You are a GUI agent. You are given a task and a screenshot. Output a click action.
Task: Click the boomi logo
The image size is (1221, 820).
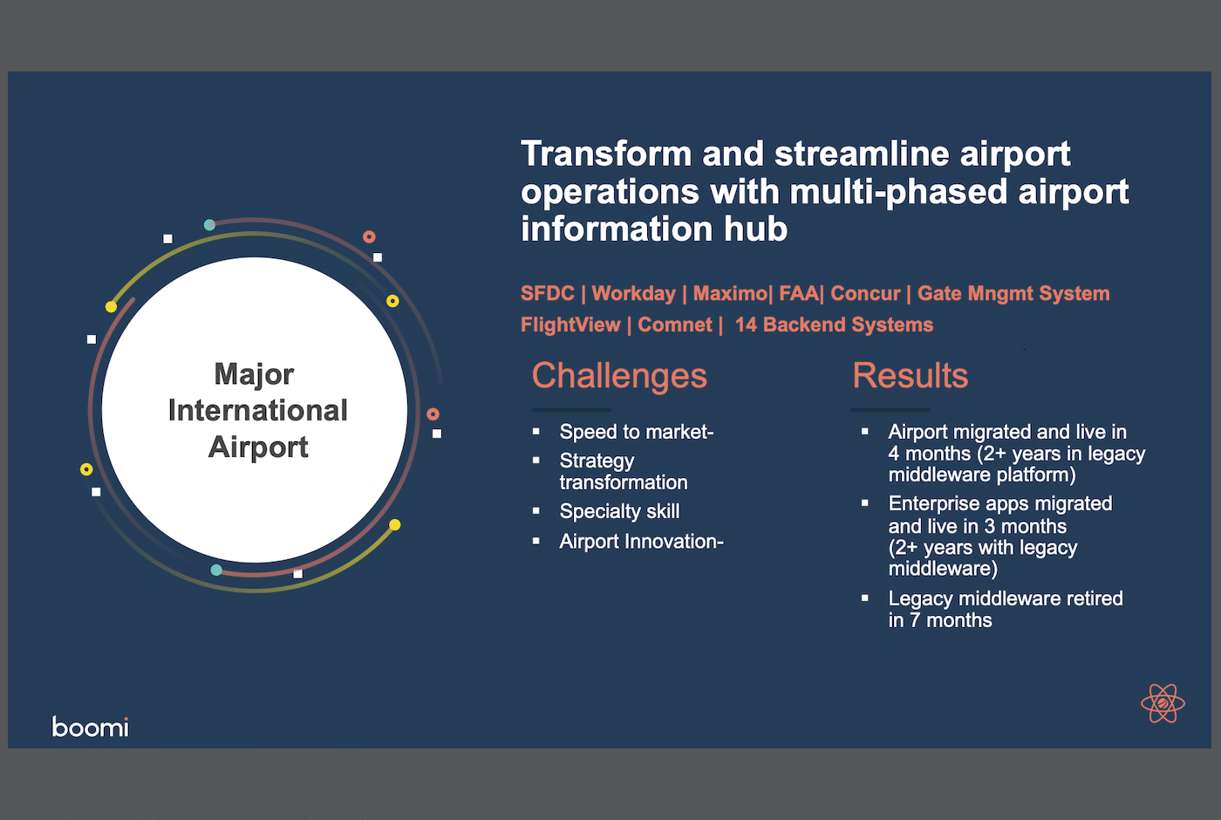[x=91, y=727]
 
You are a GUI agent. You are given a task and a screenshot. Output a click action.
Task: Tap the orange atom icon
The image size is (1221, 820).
[x=1163, y=703]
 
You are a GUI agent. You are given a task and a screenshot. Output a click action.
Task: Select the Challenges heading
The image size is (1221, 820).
[x=619, y=376]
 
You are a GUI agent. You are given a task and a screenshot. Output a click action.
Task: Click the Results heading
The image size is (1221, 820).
[x=911, y=376]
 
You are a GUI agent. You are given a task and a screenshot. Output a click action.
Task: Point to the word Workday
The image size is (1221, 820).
[x=633, y=293]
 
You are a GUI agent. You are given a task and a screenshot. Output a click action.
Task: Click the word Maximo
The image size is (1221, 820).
[x=730, y=293]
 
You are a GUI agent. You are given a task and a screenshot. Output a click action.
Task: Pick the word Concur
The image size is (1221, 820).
[x=865, y=293]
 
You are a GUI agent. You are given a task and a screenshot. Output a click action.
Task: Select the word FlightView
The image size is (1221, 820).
[x=570, y=325]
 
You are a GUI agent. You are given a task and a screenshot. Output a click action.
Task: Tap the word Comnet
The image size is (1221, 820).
[x=675, y=325]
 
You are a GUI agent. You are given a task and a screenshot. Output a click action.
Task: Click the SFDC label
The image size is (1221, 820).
[x=548, y=293]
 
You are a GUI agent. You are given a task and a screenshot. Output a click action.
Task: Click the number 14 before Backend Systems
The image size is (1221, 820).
[x=746, y=325]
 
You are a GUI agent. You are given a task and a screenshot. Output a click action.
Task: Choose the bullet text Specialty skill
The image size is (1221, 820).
[x=620, y=511]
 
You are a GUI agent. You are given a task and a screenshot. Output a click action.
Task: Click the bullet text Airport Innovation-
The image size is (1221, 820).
[x=642, y=542]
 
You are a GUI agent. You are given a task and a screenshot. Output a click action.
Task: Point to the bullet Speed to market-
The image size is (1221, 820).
[x=637, y=432]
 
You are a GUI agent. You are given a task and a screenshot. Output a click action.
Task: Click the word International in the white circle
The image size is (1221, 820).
[x=258, y=410]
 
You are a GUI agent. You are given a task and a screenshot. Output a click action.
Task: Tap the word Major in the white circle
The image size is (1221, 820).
[x=254, y=374]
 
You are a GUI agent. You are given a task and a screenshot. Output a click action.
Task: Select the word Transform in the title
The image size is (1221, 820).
[x=606, y=154]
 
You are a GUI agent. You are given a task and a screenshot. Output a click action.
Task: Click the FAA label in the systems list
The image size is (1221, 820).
[x=799, y=293]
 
